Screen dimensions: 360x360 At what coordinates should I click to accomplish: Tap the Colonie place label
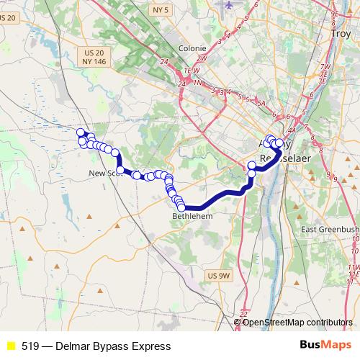pyautogui.click(x=192, y=50)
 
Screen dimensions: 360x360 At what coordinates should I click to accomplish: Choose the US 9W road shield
pyautogui.click(x=217, y=275)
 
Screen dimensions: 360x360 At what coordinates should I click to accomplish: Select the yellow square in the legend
pyautogui.click(x=11, y=346)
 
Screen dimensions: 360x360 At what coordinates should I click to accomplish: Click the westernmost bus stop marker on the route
pyautogui.click(x=81, y=132)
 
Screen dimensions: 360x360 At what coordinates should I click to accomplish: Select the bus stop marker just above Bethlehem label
pyautogui.click(x=181, y=207)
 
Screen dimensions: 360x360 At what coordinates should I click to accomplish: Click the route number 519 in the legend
pyautogui.click(x=30, y=346)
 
